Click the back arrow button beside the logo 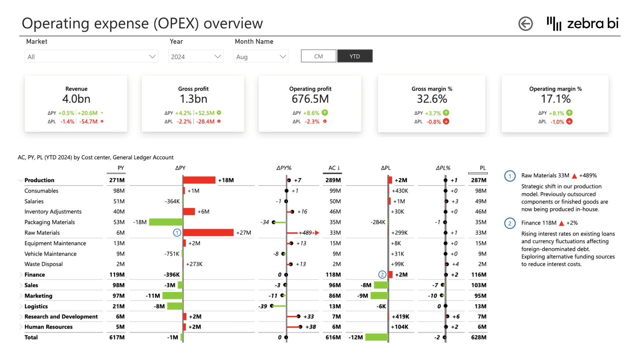525,24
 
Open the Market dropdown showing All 91,57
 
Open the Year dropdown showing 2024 196,57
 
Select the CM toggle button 318,56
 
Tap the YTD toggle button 355,56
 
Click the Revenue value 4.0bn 76,99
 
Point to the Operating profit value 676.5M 310,99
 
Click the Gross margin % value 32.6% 432,99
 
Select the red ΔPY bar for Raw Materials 208,233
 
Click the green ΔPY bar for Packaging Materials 166,222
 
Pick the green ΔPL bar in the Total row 377,337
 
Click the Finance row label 35,275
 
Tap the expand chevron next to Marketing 21,296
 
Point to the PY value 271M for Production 117,180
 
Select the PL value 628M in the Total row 479,337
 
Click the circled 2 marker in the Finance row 382,275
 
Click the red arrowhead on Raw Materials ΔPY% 317,233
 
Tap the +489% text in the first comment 588,176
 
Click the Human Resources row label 48,327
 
